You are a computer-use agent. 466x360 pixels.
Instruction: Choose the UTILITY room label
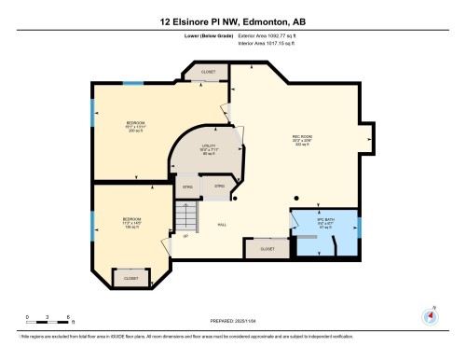[208, 146]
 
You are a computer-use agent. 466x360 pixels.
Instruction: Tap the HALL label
[223, 225]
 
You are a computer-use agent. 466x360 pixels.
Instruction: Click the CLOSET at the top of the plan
[208, 71]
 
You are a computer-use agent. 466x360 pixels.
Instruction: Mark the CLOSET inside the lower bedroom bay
[130, 278]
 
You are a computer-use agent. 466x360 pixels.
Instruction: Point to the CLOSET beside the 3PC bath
[267, 249]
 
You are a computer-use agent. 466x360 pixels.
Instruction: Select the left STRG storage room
[187, 187]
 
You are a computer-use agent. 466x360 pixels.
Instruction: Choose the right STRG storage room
[220, 187]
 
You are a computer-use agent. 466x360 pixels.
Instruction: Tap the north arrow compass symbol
[430, 314]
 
